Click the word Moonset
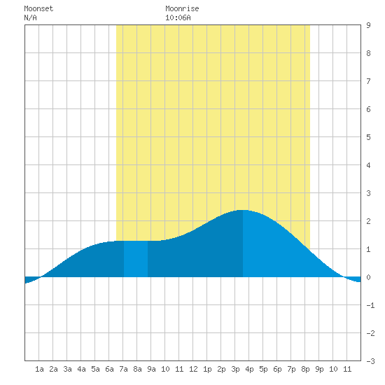click(38, 8)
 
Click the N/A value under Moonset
click(30, 17)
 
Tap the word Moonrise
click(182, 8)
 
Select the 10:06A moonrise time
click(178, 17)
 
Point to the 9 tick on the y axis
click(368, 25)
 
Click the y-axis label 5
click(368, 137)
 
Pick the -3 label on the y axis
click(370, 361)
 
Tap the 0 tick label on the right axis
click(368, 277)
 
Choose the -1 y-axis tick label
click(370, 305)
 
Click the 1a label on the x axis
click(39, 369)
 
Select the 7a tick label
click(123, 369)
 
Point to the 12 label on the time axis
click(193, 369)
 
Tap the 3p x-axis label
click(235, 369)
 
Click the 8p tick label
click(305, 369)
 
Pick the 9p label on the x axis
click(319, 369)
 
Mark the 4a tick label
click(81, 369)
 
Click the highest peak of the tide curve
click(243, 210)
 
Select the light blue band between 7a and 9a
click(136, 259)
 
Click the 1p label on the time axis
click(207, 369)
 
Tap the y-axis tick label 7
click(368, 81)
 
